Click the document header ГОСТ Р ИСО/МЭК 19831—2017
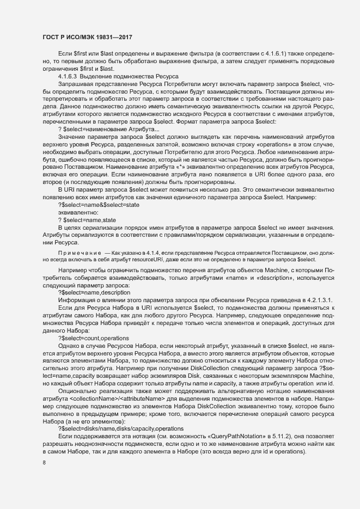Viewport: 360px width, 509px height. click(x=88, y=38)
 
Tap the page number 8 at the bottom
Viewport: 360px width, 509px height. click(x=44, y=463)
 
